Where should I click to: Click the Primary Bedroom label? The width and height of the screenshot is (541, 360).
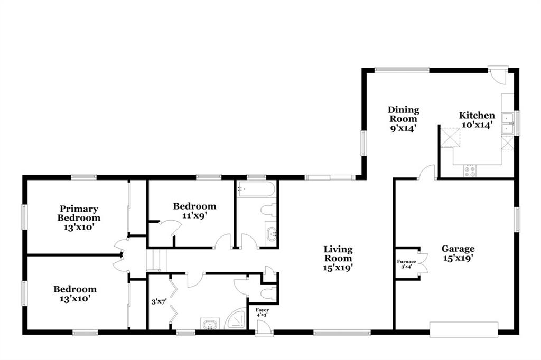click(x=79, y=213)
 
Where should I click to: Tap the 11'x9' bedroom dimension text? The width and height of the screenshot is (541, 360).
click(x=194, y=215)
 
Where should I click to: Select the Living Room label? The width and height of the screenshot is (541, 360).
click(x=338, y=253)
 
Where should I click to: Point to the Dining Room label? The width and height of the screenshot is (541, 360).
click(x=403, y=114)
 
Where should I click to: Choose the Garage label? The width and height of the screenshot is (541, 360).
click(x=458, y=249)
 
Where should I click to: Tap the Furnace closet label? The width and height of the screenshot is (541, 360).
click(x=406, y=262)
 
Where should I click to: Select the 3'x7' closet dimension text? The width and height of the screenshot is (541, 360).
click(x=159, y=302)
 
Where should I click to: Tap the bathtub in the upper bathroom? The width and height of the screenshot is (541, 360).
click(x=256, y=189)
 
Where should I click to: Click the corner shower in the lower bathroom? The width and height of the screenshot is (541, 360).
click(x=236, y=318)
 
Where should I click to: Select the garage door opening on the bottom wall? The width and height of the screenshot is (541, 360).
click(x=464, y=329)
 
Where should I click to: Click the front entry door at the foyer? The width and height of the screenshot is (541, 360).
click(x=264, y=328)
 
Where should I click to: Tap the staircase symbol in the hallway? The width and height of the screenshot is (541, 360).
click(x=156, y=260)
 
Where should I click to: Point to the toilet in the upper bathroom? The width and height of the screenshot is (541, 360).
click(x=269, y=210)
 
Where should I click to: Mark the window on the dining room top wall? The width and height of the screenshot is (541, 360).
click(x=402, y=70)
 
